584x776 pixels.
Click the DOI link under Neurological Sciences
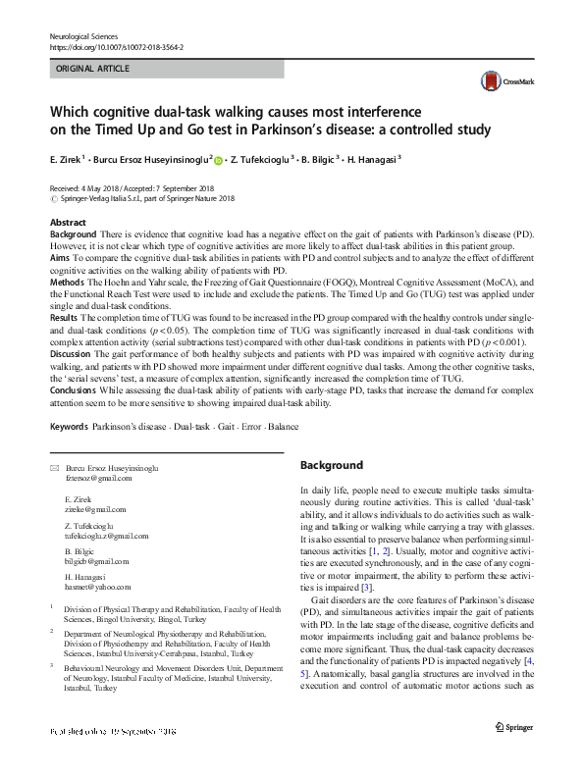coord(115,46)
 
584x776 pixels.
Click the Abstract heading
coord(68,223)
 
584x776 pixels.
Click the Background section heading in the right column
coord(331,465)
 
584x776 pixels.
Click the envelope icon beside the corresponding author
coord(54,469)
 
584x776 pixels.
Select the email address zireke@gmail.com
coord(95,510)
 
